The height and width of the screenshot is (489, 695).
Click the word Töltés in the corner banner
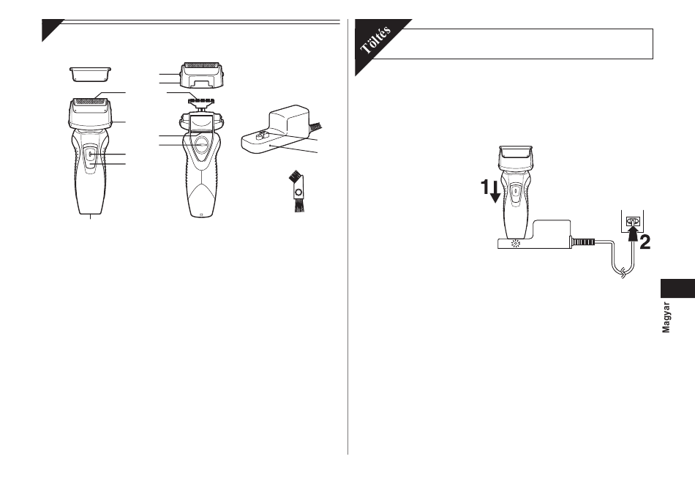(x=375, y=40)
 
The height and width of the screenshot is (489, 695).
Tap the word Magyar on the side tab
(x=666, y=318)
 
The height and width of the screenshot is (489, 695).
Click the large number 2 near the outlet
(x=645, y=242)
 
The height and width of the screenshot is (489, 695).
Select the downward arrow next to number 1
(x=495, y=190)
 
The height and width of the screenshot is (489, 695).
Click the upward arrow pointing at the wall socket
(x=634, y=233)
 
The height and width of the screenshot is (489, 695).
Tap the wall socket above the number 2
(x=633, y=221)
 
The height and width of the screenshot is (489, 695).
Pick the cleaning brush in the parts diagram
(x=296, y=193)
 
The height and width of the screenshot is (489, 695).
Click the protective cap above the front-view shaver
(x=91, y=74)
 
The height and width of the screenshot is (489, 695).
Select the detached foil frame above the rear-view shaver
(x=202, y=75)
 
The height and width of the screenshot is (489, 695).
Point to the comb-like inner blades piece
(x=200, y=101)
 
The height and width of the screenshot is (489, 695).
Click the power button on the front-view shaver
(x=90, y=154)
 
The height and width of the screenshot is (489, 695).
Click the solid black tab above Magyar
(x=677, y=288)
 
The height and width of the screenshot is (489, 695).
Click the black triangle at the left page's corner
(x=52, y=30)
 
